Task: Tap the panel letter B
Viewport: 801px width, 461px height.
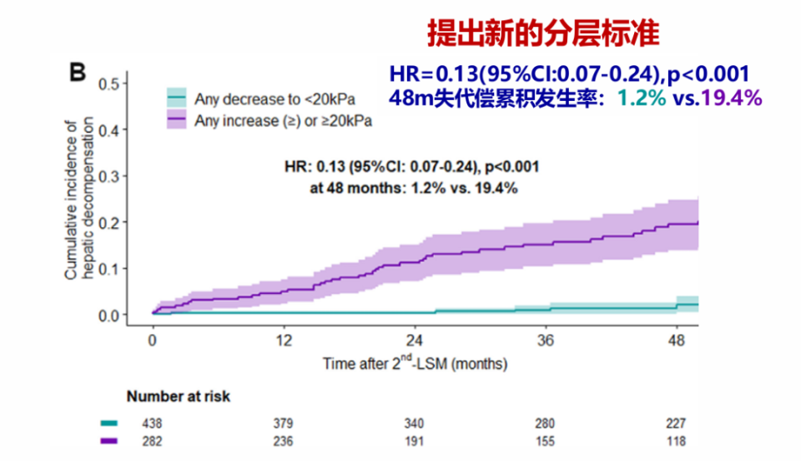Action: (x=77, y=73)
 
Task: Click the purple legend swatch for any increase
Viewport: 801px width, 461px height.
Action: (x=176, y=120)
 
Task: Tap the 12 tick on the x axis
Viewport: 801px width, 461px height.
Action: (x=284, y=341)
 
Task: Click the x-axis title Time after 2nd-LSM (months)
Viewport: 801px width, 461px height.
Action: (x=415, y=363)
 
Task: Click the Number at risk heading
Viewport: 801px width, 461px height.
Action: (x=179, y=397)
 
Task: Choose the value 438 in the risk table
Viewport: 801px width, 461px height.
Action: (x=153, y=423)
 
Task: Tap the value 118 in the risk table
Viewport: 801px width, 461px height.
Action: (x=675, y=441)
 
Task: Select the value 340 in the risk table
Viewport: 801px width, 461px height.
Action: (x=415, y=423)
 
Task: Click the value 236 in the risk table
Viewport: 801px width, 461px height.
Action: (x=284, y=441)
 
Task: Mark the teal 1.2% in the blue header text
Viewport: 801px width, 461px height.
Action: (x=641, y=99)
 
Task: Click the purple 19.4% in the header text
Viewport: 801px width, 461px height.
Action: (x=731, y=99)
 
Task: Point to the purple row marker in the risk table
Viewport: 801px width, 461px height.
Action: (x=109, y=441)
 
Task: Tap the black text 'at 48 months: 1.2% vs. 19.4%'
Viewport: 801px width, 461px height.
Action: (x=414, y=188)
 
